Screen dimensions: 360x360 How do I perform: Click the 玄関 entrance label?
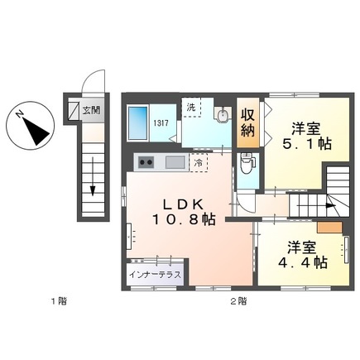[91, 110]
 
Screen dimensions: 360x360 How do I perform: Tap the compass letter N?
[19, 114]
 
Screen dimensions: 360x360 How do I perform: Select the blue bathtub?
[138, 123]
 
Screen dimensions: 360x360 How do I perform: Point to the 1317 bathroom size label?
[161, 123]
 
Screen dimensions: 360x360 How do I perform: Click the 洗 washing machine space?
[191, 108]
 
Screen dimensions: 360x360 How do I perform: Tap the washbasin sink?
[223, 115]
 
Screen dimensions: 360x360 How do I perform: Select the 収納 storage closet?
[248, 122]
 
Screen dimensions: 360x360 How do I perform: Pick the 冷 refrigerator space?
[199, 163]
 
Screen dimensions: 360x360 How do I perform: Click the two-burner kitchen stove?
[146, 162]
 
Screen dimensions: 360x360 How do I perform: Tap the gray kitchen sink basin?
[175, 162]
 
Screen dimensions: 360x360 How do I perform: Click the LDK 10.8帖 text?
[183, 212]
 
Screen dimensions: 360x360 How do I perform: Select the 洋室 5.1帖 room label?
[306, 137]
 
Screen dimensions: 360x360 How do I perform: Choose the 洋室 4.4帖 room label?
[302, 255]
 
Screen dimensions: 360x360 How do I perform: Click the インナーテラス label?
[156, 275]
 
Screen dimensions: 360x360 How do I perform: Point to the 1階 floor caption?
[59, 301]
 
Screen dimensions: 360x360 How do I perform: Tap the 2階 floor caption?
[238, 301]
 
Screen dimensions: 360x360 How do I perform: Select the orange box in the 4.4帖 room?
[329, 228]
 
